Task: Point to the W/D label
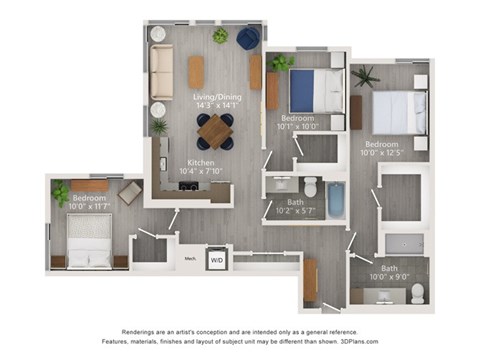coord(216,259)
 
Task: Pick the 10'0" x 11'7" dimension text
coord(92,208)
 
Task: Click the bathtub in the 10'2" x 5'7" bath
coord(336,199)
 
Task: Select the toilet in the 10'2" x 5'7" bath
coord(311,186)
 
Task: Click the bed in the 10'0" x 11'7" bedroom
coord(90,246)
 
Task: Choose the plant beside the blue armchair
coord(220,36)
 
